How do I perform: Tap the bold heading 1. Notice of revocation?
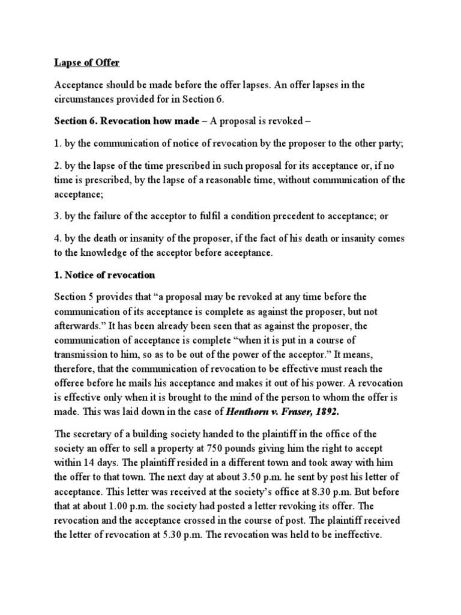click(104, 275)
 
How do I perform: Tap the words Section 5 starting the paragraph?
click(75, 297)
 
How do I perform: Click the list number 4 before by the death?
click(58, 238)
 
